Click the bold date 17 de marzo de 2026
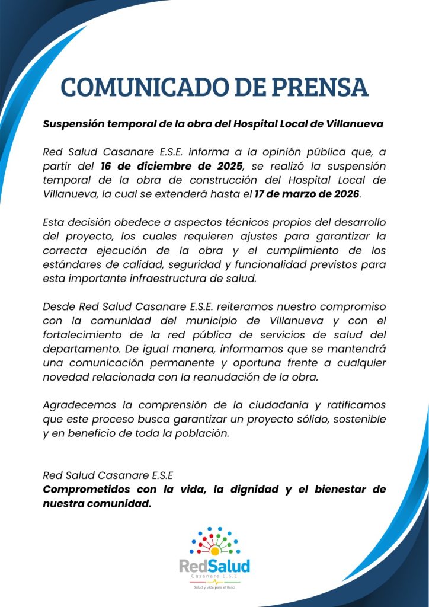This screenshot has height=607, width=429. click(x=307, y=193)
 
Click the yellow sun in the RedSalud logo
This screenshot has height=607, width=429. click(x=215, y=550)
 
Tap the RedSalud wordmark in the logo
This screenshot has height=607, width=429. click(x=214, y=566)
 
